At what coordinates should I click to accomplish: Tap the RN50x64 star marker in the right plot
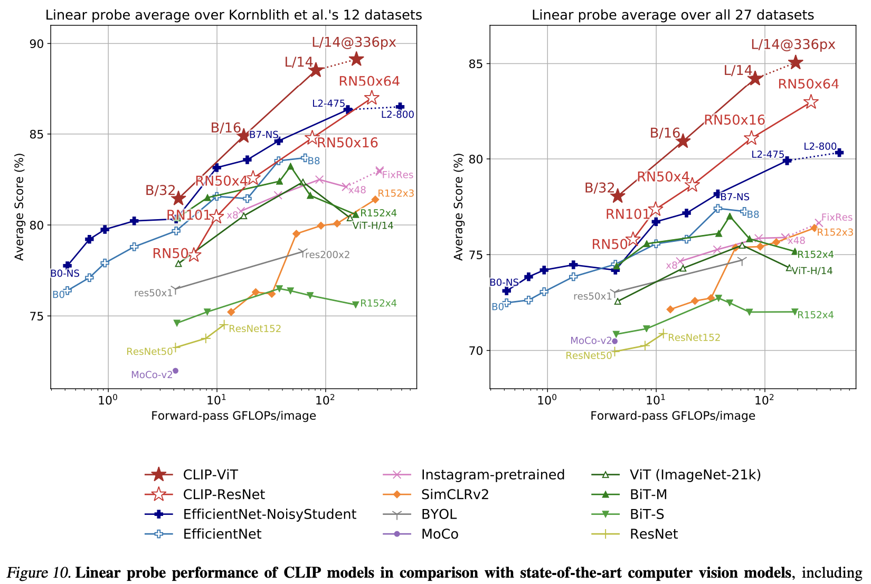(x=811, y=102)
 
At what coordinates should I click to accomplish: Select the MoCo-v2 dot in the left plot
(x=175, y=371)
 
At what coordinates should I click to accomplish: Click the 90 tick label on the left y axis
(x=40, y=44)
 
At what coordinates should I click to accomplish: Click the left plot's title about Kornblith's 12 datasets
(x=233, y=15)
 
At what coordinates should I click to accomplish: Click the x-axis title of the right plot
(x=673, y=416)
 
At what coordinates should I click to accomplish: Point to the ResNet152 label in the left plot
(x=255, y=329)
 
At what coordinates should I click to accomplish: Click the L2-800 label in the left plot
(x=397, y=115)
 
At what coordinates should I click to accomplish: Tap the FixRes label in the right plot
(x=837, y=218)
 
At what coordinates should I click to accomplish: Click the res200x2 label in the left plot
(x=326, y=255)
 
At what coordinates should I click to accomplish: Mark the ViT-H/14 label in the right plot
(x=812, y=271)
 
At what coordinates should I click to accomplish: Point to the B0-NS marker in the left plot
(x=67, y=265)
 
